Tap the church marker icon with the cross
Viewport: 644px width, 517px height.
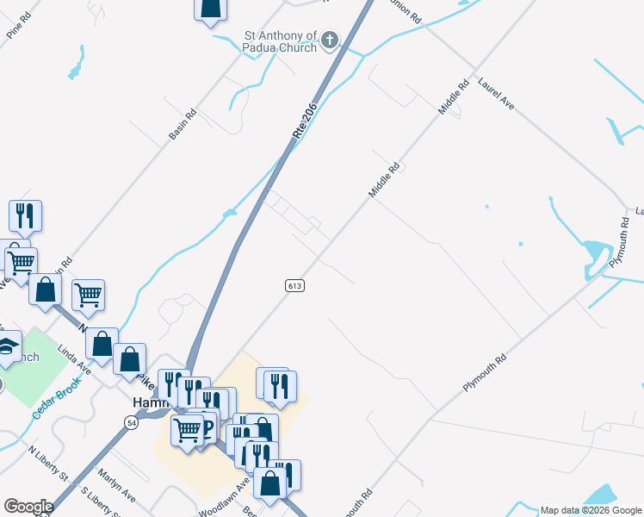coord(331,40)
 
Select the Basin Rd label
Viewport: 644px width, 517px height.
coord(183,125)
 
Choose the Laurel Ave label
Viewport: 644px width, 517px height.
coord(497,93)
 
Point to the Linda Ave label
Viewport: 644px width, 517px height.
coord(74,359)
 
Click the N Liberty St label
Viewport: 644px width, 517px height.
coord(46,464)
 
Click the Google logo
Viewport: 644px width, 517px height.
coord(28,507)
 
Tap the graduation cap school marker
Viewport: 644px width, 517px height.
coord(7,346)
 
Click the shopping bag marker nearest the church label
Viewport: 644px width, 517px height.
coord(210,9)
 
